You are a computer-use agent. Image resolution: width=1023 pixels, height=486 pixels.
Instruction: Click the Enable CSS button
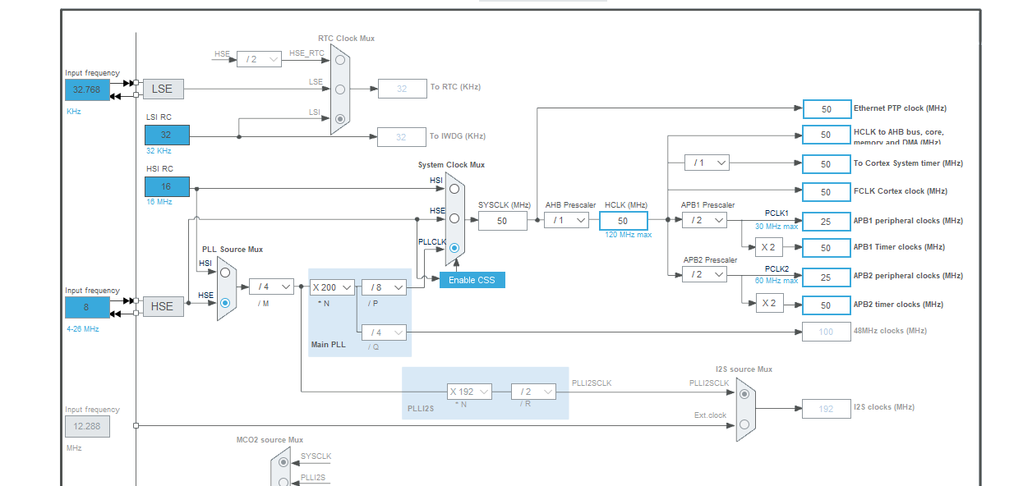pyautogui.click(x=472, y=280)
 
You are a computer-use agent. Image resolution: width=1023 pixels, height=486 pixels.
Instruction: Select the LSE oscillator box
pyautogui.click(x=163, y=89)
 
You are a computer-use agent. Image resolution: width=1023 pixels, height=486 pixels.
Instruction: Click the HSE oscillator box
pyautogui.click(x=163, y=306)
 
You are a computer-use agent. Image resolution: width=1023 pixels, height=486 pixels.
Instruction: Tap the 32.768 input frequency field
pyautogui.click(x=87, y=89)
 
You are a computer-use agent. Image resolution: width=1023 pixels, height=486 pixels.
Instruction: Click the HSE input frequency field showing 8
pyautogui.click(x=87, y=307)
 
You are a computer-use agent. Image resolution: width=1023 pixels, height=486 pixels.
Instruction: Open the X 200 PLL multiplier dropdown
pyautogui.click(x=332, y=287)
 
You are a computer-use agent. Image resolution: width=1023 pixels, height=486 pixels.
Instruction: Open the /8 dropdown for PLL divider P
pyautogui.click(x=384, y=287)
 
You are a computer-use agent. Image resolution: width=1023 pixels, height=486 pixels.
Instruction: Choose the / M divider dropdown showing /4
pyautogui.click(x=271, y=287)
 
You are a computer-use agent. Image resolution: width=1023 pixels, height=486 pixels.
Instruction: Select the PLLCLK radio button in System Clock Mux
pyautogui.click(x=454, y=248)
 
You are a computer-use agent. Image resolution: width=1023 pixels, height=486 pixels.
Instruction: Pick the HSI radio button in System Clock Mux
pyautogui.click(x=454, y=188)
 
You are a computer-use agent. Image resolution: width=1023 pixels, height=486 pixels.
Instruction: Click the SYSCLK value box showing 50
pyautogui.click(x=502, y=221)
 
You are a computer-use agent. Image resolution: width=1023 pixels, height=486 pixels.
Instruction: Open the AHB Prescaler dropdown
pyautogui.click(x=567, y=220)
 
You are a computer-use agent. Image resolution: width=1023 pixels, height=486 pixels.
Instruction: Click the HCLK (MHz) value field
pyautogui.click(x=623, y=221)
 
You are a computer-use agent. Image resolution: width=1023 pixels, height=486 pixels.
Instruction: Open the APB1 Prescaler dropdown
pyautogui.click(x=704, y=220)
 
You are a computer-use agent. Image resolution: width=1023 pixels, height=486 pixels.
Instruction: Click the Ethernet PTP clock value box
pyautogui.click(x=827, y=109)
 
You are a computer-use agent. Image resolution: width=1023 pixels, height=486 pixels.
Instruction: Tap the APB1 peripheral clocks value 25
pyautogui.click(x=827, y=222)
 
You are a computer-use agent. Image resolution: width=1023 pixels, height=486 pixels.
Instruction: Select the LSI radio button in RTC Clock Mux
pyautogui.click(x=339, y=119)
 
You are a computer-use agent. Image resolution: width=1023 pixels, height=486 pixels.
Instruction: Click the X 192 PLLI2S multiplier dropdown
pyautogui.click(x=469, y=392)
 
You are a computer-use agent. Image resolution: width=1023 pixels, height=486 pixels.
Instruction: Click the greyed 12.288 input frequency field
pyautogui.click(x=87, y=426)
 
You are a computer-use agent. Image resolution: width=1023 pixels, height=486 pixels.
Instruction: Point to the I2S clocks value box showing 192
pyautogui.click(x=827, y=408)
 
